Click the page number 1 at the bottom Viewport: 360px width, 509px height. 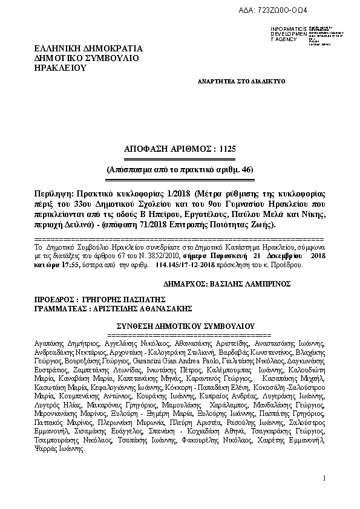(324, 479)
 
